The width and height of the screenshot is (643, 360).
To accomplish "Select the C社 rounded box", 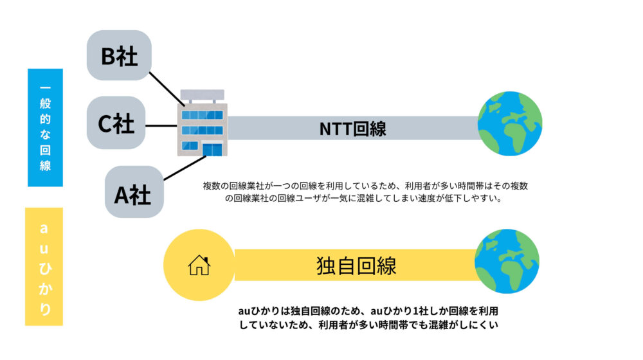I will (x=116, y=123).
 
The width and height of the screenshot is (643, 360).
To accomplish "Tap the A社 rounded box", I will (x=133, y=193).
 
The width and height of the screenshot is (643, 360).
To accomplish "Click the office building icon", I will (x=202, y=126).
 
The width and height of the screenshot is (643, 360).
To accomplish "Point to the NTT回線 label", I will (x=353, y=128).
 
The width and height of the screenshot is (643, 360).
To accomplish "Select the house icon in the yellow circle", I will (x=199, y=265).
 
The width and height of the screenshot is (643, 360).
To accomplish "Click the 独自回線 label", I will (x=356, y=265).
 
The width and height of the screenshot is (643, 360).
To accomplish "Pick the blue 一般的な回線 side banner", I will (x=45, y=127).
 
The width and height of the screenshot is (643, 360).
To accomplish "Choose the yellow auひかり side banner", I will (x=44, y=265).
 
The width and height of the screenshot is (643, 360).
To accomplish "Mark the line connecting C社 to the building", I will (x=161, y=125).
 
